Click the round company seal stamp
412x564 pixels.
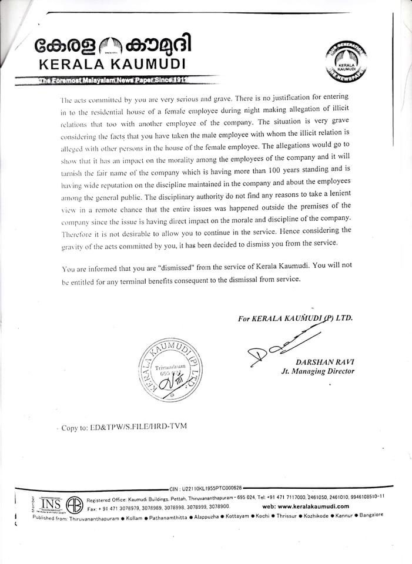(x=173, y=370)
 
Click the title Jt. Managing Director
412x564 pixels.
(x=317, y=371)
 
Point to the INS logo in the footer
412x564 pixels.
(x=51, y=503)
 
